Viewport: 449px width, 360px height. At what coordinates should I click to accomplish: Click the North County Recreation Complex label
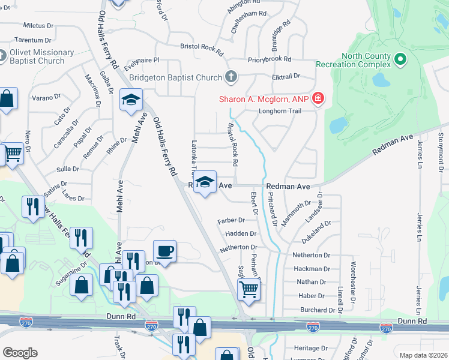[x=366, y=60]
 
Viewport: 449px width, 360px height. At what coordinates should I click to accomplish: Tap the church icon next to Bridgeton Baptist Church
[x=231, y=77]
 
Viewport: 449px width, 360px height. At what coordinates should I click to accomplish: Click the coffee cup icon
[x=164, y=250]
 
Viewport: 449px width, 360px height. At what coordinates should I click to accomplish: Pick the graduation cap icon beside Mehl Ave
[x=131, y=100]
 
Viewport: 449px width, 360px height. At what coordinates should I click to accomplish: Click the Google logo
[x=20, y=353]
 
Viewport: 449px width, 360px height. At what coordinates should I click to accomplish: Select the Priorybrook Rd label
[x=269, y=60]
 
